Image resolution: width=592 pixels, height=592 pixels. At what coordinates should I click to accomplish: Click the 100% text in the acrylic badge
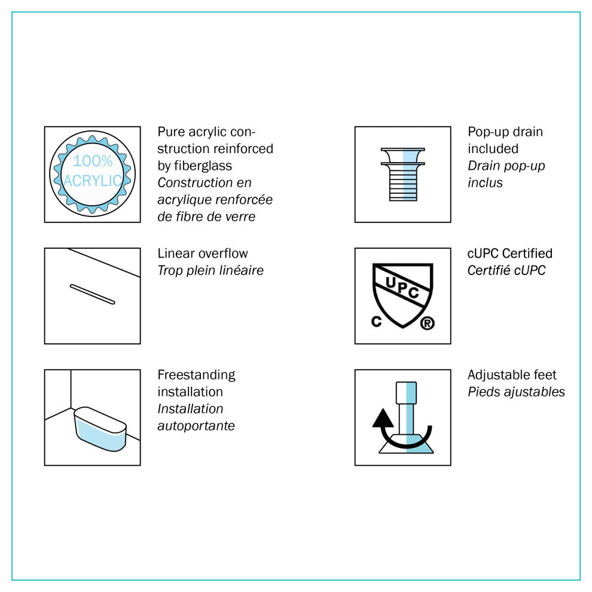tap(93, 161)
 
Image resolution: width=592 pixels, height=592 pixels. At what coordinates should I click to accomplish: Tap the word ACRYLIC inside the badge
tap(93, 181)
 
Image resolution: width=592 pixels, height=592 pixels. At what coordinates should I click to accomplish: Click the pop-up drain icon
tap(403, 174)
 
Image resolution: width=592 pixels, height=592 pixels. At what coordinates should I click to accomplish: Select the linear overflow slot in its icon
tap(93, 294)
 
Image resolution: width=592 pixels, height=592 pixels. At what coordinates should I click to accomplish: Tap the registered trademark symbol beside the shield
tap(428, 323)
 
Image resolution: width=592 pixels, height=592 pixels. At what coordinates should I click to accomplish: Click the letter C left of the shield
tap(376, 321)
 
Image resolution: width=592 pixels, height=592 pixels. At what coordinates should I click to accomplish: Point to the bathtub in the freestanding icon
tap(100, 429)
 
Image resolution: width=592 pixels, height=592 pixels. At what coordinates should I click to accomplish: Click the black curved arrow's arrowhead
tap(383, 418)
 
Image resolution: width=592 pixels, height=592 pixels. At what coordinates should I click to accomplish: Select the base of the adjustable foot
tap(406, 444)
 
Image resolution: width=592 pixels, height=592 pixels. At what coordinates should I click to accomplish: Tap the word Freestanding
tap(196, 375)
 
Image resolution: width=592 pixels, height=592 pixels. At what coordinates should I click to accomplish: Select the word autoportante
tap(196, 426)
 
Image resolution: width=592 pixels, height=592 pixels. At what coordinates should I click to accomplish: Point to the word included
tap(493, 149)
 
